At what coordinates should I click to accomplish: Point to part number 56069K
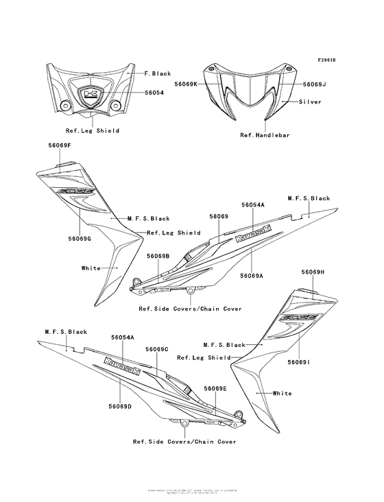coord(186,84)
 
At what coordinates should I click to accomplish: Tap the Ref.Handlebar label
coord(265,135)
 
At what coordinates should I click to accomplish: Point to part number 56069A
coord(252,275)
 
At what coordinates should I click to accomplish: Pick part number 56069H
coord(313,272)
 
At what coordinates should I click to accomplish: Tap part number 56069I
coord(299,362)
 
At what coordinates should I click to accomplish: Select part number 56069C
coord(157,349)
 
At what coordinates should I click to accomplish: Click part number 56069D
coord(120,407)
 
